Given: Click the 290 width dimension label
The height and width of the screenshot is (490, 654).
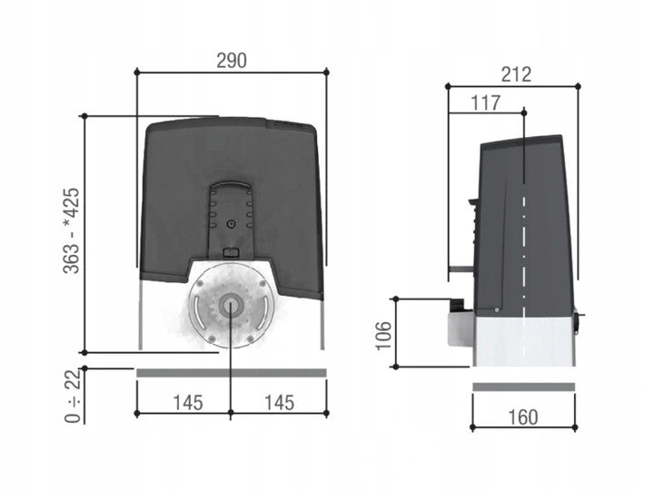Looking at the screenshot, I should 231,61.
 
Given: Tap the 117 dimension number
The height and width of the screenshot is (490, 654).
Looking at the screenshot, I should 486,103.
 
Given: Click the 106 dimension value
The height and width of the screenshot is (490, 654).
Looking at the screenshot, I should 381,334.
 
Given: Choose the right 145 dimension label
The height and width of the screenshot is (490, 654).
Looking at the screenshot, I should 279,402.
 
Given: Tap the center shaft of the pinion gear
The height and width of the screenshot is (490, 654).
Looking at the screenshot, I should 230,306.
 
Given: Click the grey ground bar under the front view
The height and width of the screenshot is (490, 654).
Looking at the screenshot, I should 231,372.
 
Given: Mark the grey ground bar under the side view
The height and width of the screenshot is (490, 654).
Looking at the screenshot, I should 523,387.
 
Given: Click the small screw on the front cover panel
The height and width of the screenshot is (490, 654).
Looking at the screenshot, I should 231,224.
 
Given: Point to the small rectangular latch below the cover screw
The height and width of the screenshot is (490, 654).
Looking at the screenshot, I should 231,252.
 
